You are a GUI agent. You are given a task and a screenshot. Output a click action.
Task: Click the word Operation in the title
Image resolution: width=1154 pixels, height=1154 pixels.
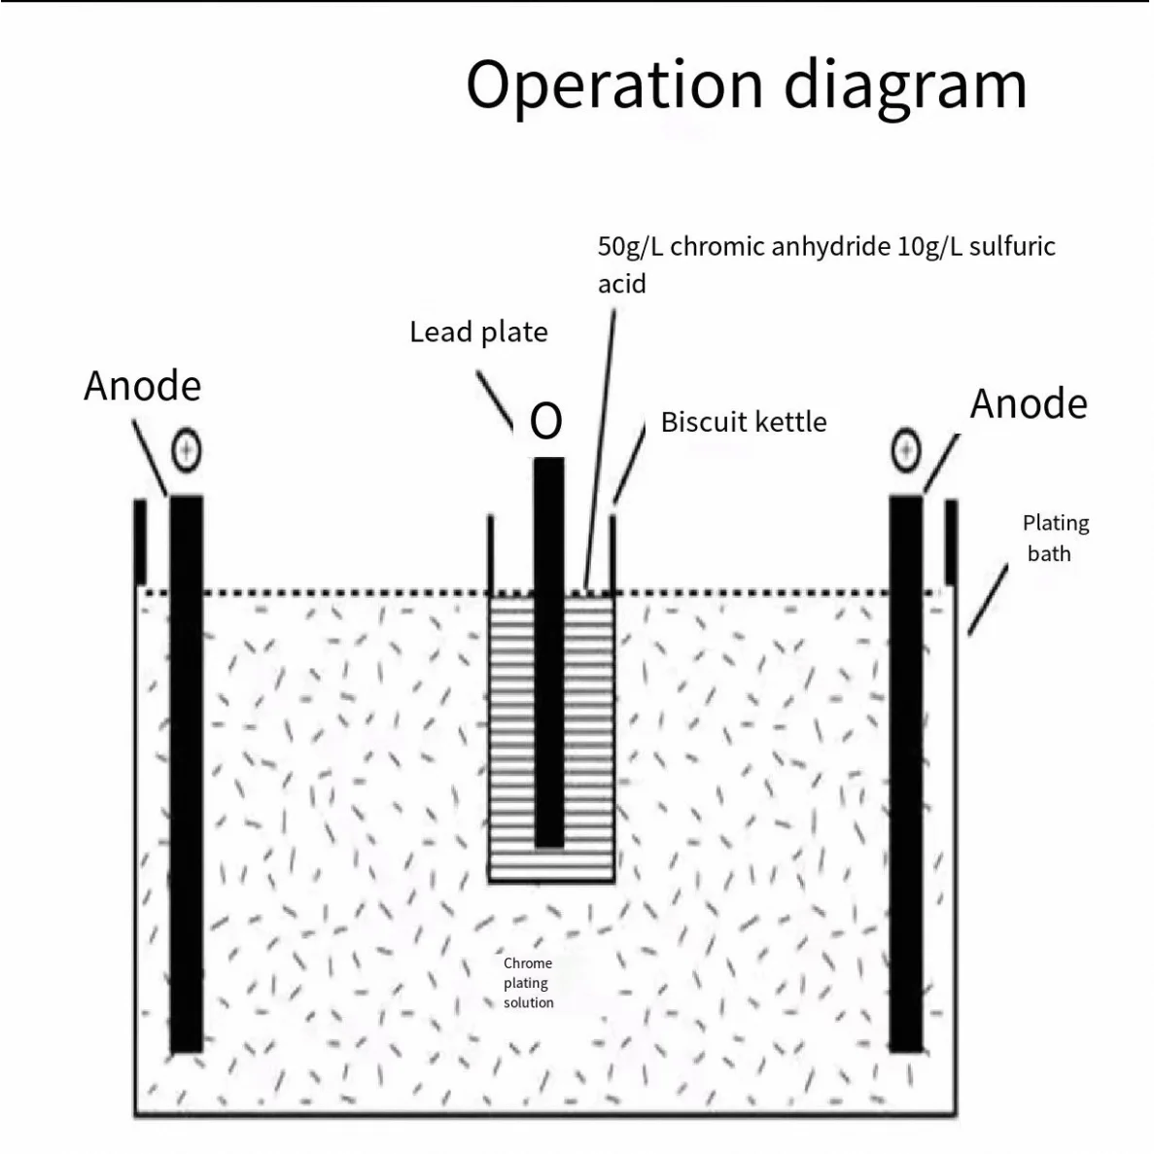614,85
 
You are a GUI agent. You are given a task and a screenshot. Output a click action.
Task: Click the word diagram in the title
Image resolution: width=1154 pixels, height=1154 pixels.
905,87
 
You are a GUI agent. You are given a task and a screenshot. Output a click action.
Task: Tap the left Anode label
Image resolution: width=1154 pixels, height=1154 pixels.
142,386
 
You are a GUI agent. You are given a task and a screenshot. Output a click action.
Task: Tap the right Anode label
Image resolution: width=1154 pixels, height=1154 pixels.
1029,403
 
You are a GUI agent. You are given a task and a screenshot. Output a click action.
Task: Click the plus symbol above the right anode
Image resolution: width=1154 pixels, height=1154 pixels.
906,449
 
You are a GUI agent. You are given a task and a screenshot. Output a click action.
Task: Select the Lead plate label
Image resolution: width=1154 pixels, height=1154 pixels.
478,332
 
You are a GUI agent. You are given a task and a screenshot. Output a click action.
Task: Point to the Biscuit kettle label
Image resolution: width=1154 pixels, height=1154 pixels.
744,422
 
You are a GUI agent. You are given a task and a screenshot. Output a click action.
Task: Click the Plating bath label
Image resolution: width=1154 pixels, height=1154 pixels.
1054,538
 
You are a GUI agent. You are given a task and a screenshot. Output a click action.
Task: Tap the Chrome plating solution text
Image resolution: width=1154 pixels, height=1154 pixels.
528,982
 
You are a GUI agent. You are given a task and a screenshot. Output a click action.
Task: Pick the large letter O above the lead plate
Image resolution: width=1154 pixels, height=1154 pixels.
546,421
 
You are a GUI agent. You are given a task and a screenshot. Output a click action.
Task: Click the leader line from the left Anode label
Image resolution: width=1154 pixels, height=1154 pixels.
151,460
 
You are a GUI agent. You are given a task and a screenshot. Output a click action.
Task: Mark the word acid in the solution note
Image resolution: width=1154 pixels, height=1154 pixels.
621,284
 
